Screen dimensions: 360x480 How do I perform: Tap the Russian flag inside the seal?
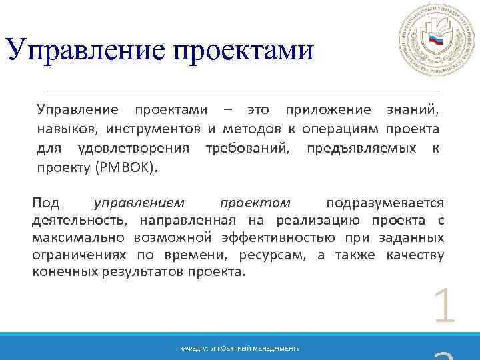pyautogui.click(x=436, y=40)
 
